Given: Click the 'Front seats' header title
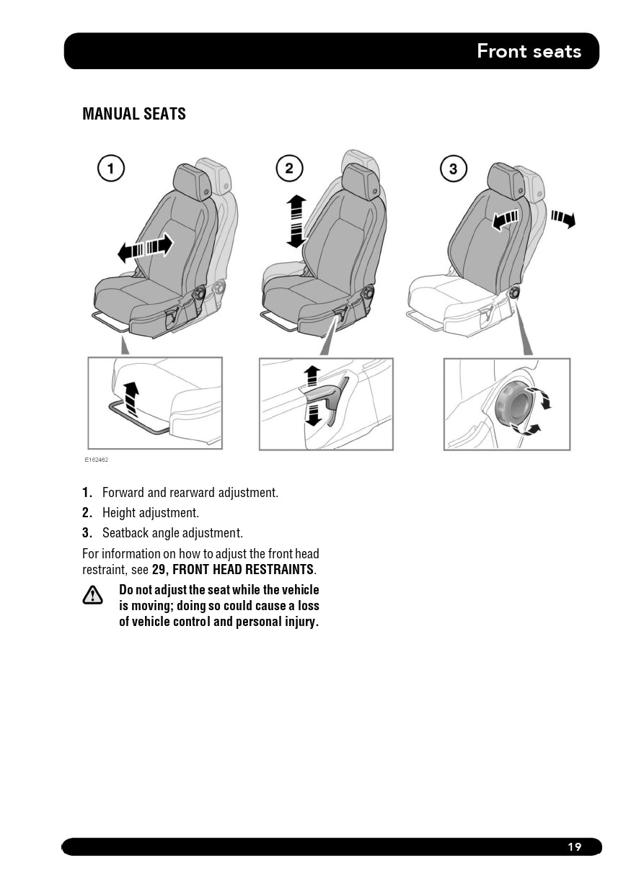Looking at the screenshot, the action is click(x=529, y=51).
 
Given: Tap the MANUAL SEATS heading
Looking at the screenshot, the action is click(x=134, y=114).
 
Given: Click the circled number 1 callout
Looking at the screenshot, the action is click(x=110, y=168).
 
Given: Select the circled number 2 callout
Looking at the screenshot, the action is click(x=289, y=168).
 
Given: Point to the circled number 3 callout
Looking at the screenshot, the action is click(x=453, y=169).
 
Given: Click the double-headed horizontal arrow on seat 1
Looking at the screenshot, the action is click(x=146, y=248).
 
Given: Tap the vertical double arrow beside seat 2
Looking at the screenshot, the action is click(x=296, y=220).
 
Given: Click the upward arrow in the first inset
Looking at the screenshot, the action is click(x=131, y=398).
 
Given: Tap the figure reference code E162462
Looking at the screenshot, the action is click(x=97, y=460).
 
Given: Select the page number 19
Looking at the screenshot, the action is click(x=575, y=846).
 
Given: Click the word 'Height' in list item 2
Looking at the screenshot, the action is click(x=117, y=513).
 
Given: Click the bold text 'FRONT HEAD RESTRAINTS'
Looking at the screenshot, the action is click(x=242, y=569).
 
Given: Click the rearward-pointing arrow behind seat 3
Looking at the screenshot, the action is click(x=563, y=219).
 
